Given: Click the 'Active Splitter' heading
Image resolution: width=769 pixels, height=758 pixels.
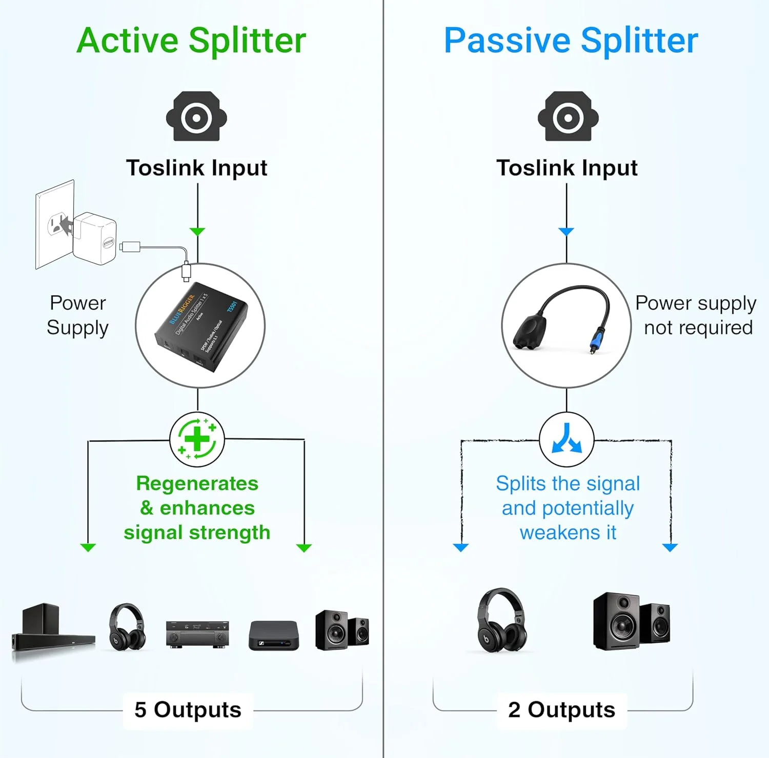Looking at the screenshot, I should coord(191,41).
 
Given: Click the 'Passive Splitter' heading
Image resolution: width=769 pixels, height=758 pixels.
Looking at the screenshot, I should coord(571,41).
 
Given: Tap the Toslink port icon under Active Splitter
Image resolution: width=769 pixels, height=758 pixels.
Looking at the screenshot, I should coord(196,116).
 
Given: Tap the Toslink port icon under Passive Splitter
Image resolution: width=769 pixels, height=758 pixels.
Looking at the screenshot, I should coord(568,116).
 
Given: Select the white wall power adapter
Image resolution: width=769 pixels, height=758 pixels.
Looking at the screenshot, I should coord(95,238).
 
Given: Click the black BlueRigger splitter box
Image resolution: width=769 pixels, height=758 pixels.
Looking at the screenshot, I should coord(201,327).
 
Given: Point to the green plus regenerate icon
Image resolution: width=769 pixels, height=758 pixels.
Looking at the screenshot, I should coord(197,440).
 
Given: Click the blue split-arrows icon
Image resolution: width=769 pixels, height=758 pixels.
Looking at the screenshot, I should coord(566,439).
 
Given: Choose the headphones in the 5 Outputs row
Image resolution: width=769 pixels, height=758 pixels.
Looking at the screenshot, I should coord(127,627).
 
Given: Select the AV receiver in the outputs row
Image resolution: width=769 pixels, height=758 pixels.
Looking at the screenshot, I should coord(197,634).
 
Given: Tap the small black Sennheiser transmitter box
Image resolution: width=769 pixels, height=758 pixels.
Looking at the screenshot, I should coord(273,635).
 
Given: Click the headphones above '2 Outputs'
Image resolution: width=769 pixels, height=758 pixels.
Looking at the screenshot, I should coord(501,620).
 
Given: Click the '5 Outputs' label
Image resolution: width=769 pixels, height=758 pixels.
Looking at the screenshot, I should coord(188,710).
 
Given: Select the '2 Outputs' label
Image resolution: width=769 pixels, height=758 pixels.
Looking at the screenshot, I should coord(561,710).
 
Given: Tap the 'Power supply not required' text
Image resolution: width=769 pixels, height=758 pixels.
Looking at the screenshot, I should coord(696,315).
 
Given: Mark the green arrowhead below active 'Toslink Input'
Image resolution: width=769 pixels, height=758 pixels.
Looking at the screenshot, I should coord(197,232).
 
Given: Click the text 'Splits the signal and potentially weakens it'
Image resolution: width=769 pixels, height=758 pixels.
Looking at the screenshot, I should coord(568,508).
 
